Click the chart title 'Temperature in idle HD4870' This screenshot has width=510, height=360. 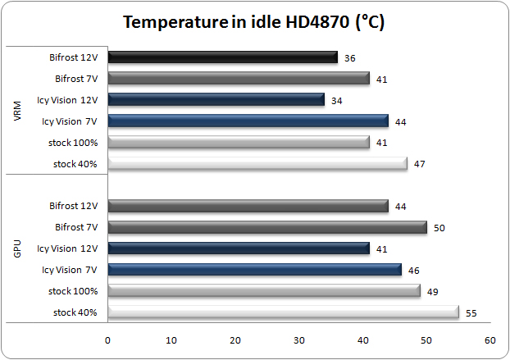[x=254, y=22]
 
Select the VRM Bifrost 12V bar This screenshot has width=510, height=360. [x=222, y=57]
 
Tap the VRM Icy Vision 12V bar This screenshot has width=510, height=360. [x=216, y=100]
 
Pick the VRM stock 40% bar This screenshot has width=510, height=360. [x=257, y=163]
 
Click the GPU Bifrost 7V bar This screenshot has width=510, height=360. [x=266, y=227]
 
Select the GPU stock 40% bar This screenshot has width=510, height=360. [x=282, y=312]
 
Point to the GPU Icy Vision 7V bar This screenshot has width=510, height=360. [x=254, y=269]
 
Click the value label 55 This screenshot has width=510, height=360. [x=471, y=312]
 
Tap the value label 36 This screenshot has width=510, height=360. [x=350, y=58]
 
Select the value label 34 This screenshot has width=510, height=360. [x=337, y=101]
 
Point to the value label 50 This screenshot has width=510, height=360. [x=439, y=228]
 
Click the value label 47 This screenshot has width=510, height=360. [x=420, y=164]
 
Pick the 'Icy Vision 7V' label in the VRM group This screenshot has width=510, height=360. [x=70, y=121]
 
